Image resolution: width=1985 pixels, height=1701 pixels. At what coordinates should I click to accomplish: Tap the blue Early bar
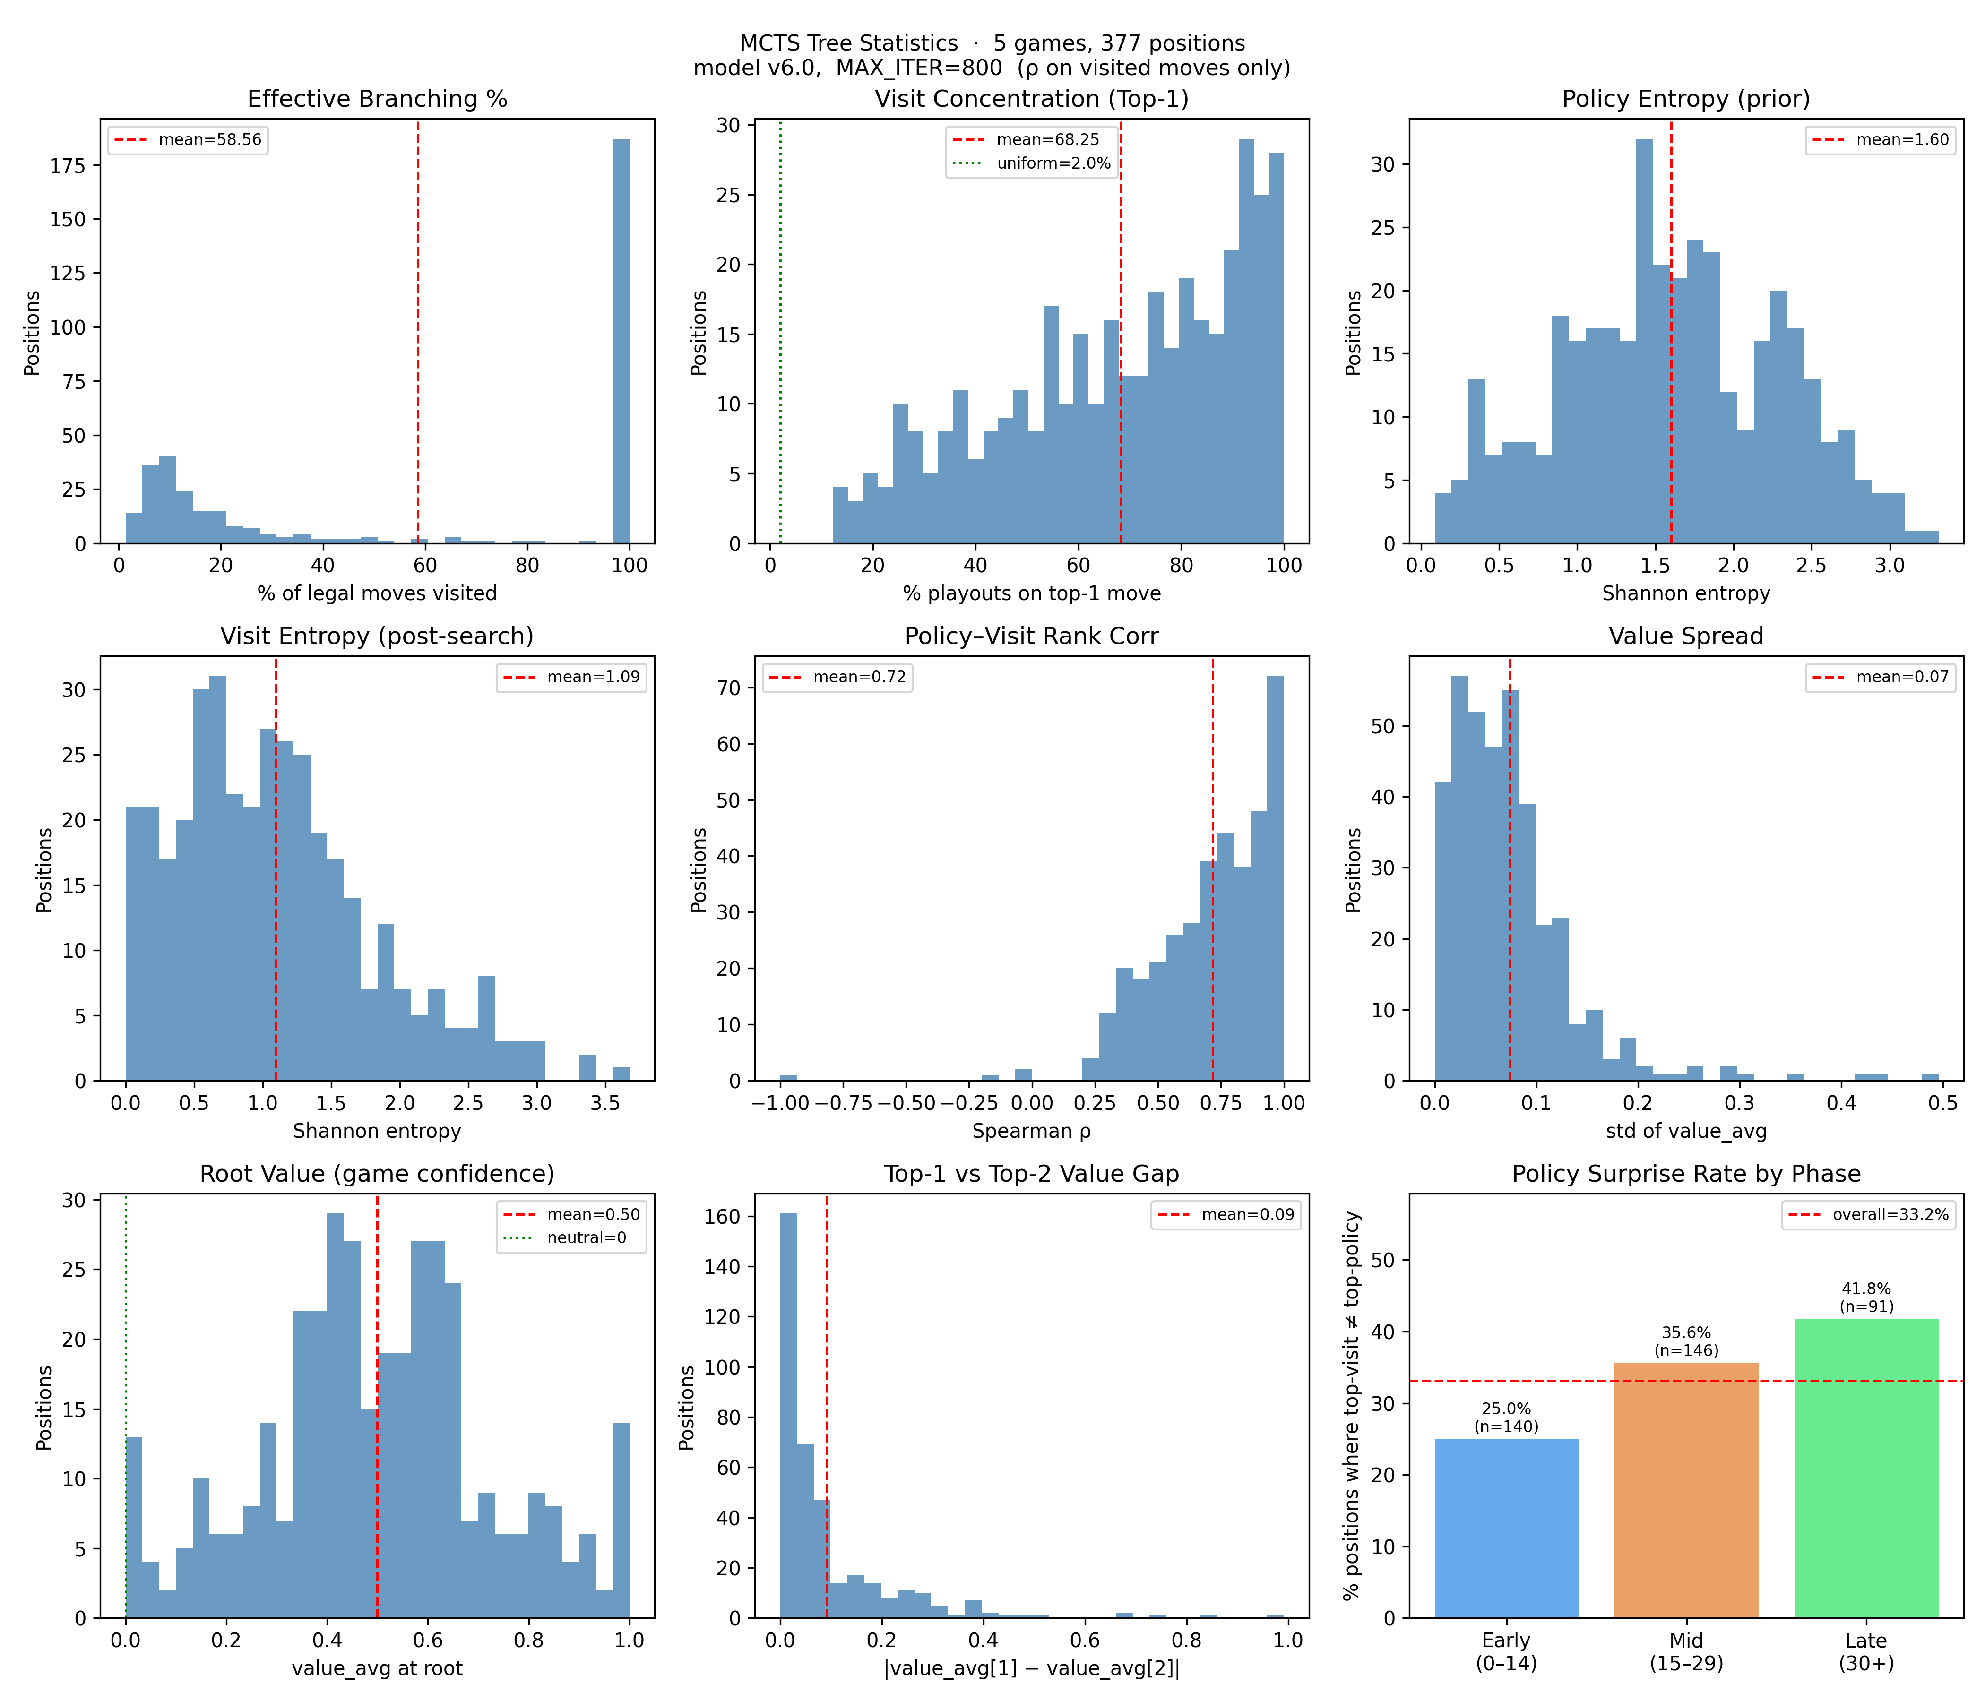coord(1506,1528)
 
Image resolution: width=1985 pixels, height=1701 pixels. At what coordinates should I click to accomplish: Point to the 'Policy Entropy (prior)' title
coord(1686,100)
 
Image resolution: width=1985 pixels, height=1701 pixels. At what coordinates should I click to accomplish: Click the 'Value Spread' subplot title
coord(1686,637)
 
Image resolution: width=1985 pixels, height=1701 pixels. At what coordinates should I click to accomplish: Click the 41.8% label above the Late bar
coord(1865,1289)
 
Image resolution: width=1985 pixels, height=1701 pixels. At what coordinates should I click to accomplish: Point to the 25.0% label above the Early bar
coord(1506,1409)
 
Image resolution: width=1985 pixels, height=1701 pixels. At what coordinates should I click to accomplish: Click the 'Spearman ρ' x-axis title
coord(1032,1131)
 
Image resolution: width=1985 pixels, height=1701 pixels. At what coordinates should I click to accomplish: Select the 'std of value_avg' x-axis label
coord(1686,1131)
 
